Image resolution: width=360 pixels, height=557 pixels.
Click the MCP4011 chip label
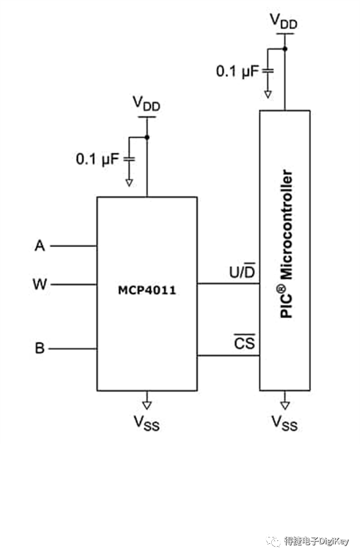[147, 290]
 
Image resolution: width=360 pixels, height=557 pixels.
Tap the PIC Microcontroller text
[286, 244]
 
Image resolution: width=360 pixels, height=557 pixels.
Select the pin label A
[40, 245]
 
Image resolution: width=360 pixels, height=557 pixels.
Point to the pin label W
[40, 284]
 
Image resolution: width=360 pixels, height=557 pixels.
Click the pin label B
[40, 348]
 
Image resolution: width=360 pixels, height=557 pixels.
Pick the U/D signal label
[242, 271]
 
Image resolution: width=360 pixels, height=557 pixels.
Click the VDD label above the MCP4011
[146, 104]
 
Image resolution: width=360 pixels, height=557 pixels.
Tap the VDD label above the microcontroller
[283, 21]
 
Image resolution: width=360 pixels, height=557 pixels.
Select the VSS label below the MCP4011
[146, 423]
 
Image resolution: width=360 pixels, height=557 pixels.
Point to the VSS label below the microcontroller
[285, 423]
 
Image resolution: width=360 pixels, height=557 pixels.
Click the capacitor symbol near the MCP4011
[129, 159]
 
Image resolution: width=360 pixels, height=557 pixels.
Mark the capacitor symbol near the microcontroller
[268, 71]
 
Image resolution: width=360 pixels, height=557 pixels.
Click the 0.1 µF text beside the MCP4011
[97, 159]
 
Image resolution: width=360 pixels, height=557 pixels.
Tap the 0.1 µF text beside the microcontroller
[237, 71]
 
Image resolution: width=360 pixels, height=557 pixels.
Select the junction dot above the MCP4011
[147, 137]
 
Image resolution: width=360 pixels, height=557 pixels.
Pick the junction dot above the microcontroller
[285, 48]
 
